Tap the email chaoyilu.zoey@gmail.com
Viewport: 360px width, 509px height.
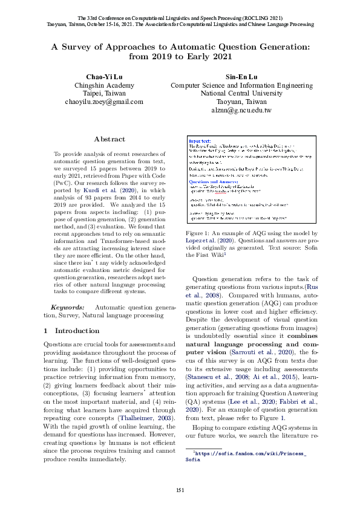coord(104,102)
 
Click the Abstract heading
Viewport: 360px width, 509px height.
coord(110,139)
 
